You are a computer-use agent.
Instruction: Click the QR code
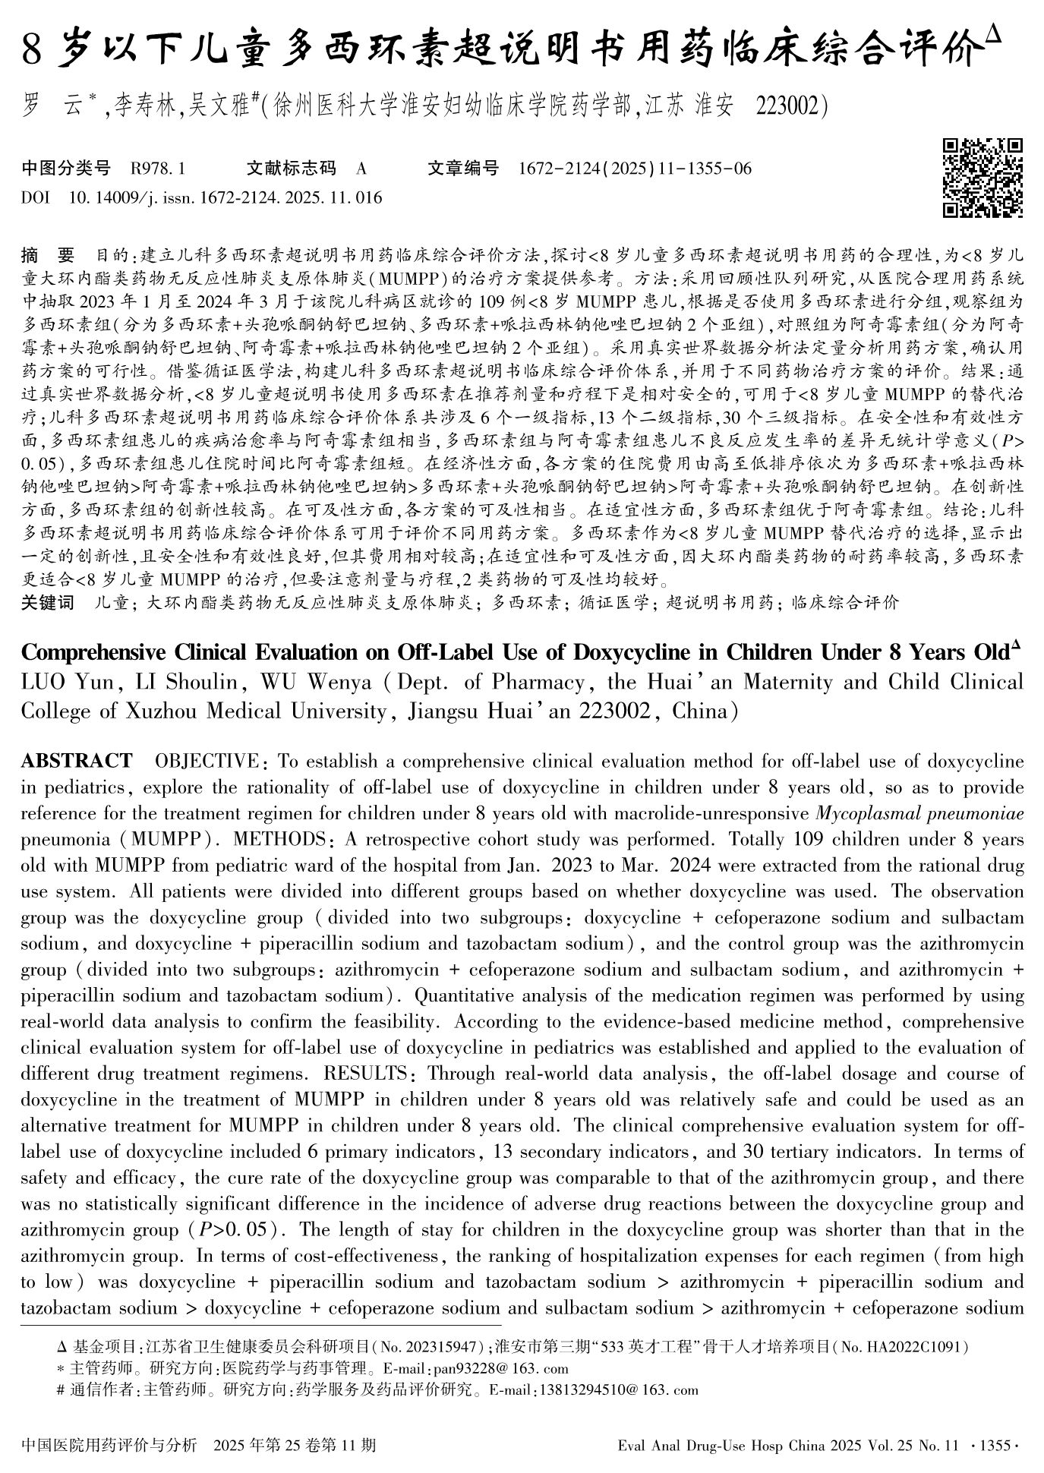pos(982,178)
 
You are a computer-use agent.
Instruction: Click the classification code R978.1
pos(158,169)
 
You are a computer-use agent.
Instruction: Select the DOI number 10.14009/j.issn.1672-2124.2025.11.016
pos(226,198)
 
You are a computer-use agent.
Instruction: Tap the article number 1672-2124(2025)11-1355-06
pos(634,169)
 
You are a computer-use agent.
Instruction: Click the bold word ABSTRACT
pos(77,761)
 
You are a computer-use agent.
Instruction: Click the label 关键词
pos(48,603)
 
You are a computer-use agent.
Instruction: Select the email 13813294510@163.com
pos(617,1390)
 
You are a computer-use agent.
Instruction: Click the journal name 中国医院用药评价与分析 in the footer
pos(110,1445)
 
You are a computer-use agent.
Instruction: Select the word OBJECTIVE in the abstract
pos(207,761)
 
